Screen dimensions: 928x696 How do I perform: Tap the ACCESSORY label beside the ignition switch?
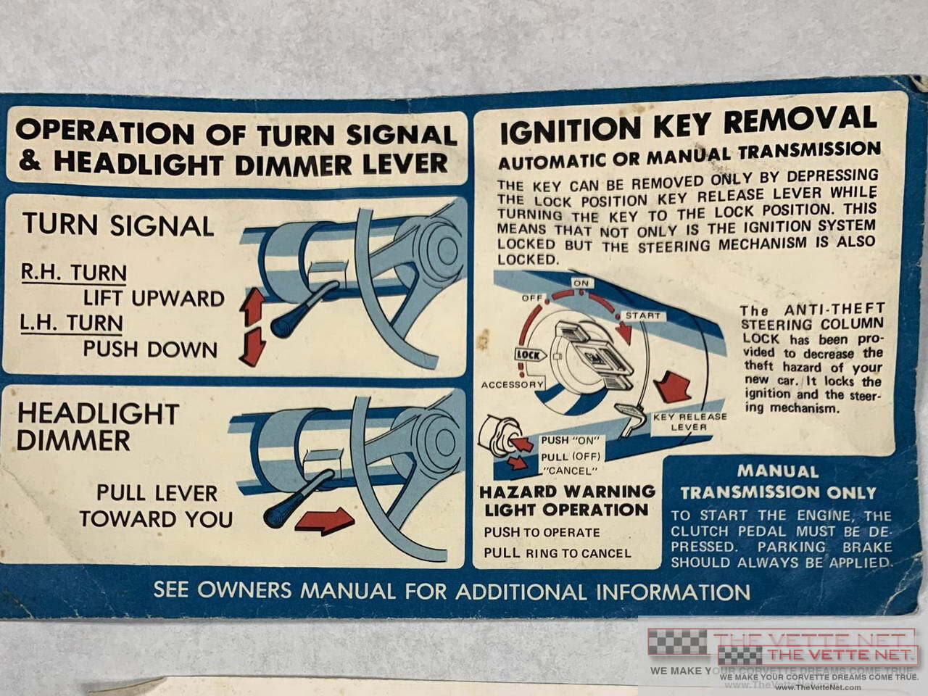(x=513, y=384)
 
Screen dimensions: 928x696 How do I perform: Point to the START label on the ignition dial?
(x=642, y=315)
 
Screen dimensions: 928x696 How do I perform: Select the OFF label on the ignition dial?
(x=532, y=298)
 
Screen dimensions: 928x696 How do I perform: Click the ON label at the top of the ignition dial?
(x=581, y=283)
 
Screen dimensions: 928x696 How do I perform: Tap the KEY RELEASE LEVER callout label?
(x=689, y=422)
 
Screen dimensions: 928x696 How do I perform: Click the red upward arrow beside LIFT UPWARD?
(x=252, y=307)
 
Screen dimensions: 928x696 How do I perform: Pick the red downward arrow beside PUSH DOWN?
(x=253, y=347)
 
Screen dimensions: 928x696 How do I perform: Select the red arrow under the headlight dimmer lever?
(x=324, y=521)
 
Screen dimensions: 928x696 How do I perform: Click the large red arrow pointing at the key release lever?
(x=673, y=386)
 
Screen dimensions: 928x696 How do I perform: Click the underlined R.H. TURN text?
(x=74, y=273)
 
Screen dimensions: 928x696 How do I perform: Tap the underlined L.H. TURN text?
(x=72, y=323)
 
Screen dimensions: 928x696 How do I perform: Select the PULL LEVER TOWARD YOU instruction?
(x=157, y=506)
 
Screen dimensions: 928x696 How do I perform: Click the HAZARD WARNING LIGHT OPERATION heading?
(x=567, y=501)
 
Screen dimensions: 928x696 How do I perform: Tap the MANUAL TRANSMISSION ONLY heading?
(x=778, y=482)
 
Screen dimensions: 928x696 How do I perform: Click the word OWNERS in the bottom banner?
(x=244, y=590)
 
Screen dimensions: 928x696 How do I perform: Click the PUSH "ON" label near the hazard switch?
(x=571, y=440)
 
